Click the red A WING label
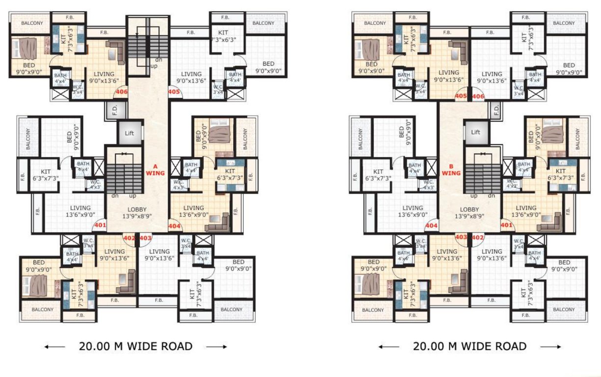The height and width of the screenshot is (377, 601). tap(157, 169)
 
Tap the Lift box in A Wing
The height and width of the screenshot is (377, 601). tap(130, 133)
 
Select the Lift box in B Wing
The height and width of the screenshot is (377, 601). tap(475, 133)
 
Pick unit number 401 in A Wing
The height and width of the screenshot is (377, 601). tap(100, 226)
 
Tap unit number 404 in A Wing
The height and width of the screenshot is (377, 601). tap(175, 226)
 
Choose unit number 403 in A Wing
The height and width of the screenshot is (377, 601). tap(145, 238)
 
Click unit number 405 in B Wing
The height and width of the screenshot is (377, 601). tap(461, 96)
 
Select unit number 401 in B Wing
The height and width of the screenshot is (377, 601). tap(507, 226)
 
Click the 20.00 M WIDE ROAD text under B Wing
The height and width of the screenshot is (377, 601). tap(470, 346)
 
